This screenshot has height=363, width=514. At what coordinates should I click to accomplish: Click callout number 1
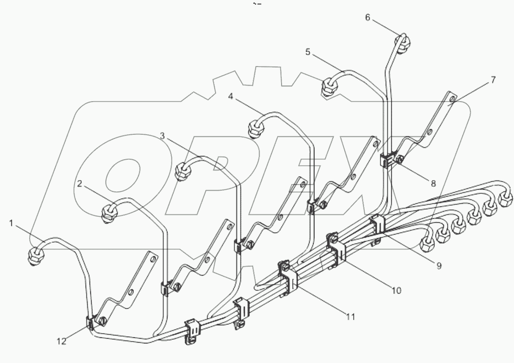click(11, 223)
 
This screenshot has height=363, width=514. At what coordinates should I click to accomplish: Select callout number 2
click(79, 184)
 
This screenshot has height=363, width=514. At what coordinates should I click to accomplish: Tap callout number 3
click(163, 136)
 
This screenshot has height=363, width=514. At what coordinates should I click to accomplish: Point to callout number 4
click(230, 96)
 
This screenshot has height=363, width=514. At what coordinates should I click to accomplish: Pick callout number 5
click(308, 52)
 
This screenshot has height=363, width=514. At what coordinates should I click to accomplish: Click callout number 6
click(367, 17)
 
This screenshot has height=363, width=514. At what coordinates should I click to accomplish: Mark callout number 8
click(433, 184)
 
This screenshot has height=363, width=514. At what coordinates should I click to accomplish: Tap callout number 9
click(439, 266)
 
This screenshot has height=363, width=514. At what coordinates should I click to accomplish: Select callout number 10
click(396, 291)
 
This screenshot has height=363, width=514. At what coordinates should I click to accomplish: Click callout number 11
click(350, 316)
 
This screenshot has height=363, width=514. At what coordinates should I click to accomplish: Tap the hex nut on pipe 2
click(109, 211)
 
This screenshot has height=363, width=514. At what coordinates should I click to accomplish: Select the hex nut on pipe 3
click(182, 171)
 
